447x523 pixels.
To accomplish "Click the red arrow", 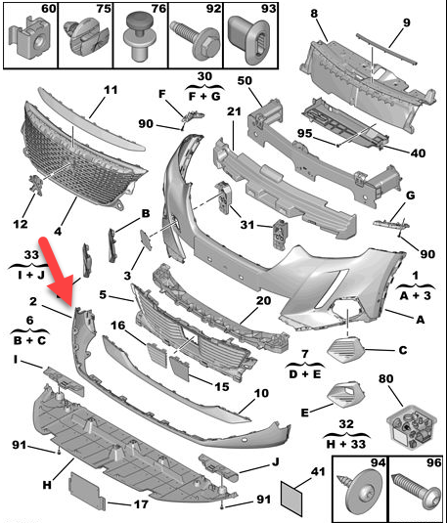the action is (x=58, y=270).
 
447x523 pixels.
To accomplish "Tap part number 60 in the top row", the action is (x=49, y=9).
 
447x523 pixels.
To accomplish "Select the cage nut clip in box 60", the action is (x=29, y=39).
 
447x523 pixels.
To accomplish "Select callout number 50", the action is (x=245, y=81).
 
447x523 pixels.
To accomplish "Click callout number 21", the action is (x=234, y=111).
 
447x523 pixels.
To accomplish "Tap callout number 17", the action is (x=141, y=504).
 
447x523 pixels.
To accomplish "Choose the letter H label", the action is (x=47, y=485).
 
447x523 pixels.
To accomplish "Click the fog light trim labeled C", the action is (x=346, y=350).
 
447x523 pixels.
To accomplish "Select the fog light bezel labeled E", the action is (x=346, y=393).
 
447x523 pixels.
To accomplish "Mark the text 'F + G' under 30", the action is (x=204, y=97).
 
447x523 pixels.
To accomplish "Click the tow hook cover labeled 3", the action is (x=146, y=240).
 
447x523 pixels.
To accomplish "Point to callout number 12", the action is (x=20, y=224).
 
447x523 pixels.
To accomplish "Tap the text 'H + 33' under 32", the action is (x=346, y=444).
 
